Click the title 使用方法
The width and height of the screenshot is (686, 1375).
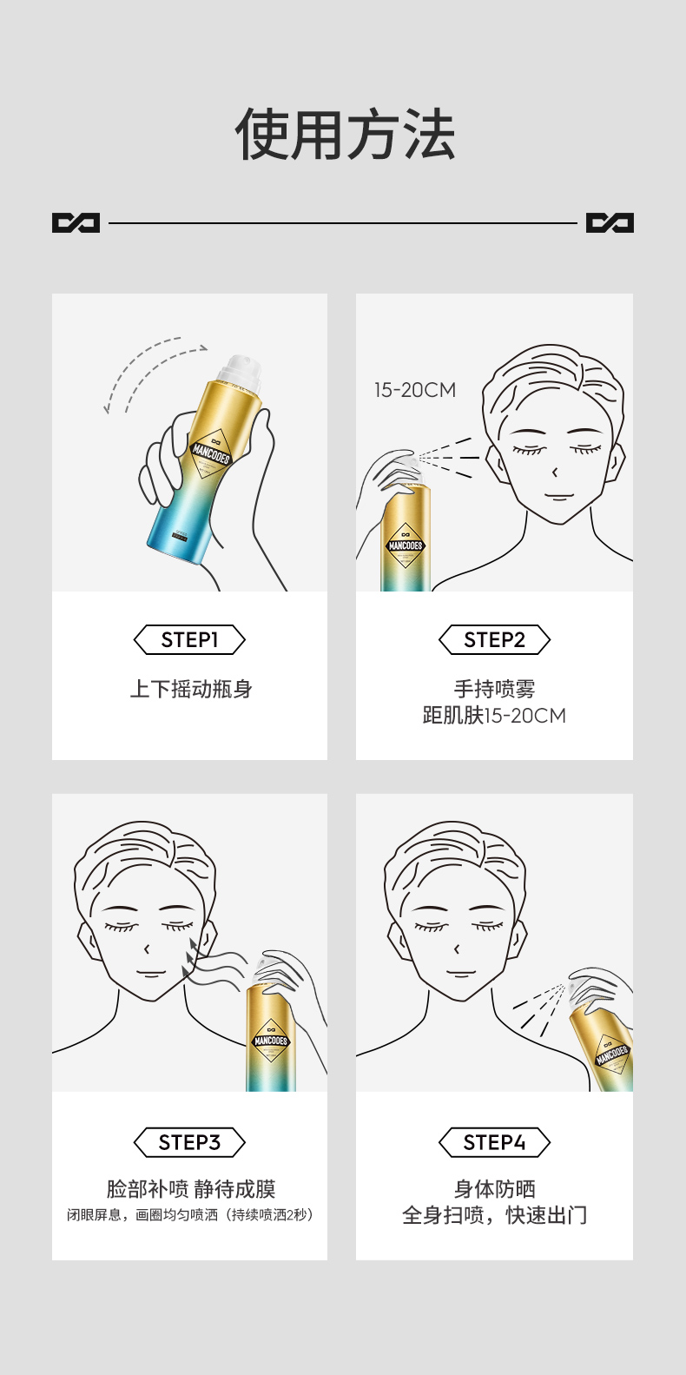345,136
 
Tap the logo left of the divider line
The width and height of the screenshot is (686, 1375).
76,223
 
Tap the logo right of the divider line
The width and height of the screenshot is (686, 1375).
610,223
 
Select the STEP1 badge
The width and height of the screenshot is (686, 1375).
189,640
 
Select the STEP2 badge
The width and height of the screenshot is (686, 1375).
494,640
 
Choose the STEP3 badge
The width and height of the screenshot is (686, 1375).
189,1142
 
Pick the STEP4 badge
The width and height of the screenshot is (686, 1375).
494,1142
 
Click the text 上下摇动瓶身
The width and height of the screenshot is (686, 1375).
190,690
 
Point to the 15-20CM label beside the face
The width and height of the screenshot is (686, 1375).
414,390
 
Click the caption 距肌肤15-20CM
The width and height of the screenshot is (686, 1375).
494,716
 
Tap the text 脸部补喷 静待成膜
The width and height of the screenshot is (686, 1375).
190,1189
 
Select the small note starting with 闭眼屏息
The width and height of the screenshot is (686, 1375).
190,1214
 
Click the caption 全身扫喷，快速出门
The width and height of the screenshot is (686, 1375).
494,1215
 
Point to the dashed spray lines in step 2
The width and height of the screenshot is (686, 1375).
447,458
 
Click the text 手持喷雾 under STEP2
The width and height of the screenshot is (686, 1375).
494,689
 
